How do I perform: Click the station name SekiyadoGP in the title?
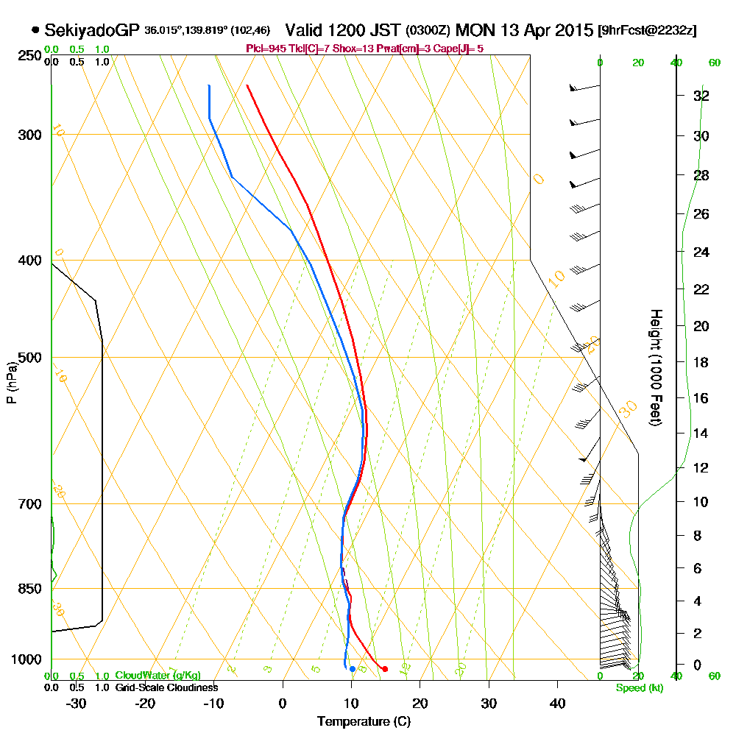coord(92,30)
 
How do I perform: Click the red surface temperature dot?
coord(385,668)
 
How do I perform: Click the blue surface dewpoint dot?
coord(353,669)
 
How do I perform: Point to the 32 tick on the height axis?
coord(701,96)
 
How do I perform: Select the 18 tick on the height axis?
coord(701,362)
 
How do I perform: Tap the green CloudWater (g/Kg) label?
coord(158,676)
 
